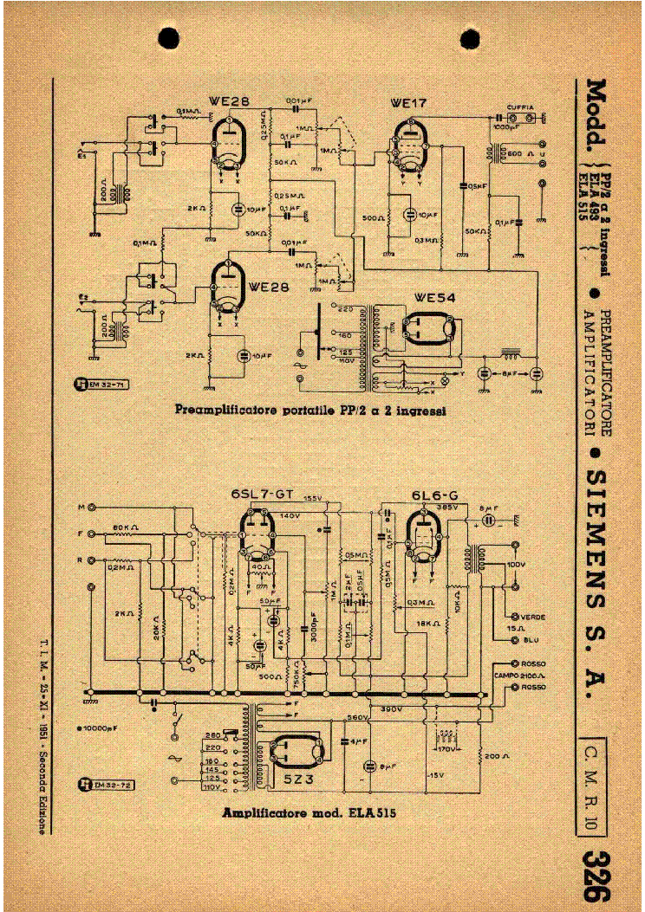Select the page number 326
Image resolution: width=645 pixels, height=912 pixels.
596,870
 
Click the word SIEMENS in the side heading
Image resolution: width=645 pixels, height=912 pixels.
596,529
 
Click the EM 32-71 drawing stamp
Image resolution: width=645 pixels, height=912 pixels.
101,383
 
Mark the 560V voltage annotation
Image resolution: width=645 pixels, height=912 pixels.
356,718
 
